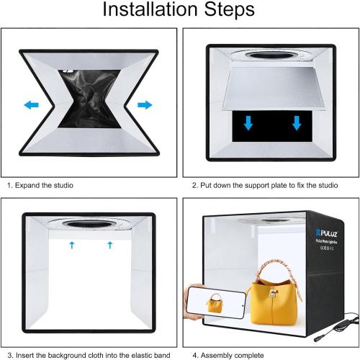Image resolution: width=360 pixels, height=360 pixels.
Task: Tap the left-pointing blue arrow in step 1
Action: click(x=31, y=105)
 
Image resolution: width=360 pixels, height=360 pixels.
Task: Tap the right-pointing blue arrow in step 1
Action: click(x=145, y=105)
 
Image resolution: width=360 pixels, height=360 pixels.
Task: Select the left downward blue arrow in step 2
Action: click(x=248, y=123)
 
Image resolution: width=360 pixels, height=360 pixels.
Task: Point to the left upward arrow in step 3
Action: click(x=72, y=246)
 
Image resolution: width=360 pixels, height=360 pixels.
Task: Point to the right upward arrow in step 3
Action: click(x=109, y=246)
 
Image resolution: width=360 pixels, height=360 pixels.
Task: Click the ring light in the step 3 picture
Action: click(x=90, y=222)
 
